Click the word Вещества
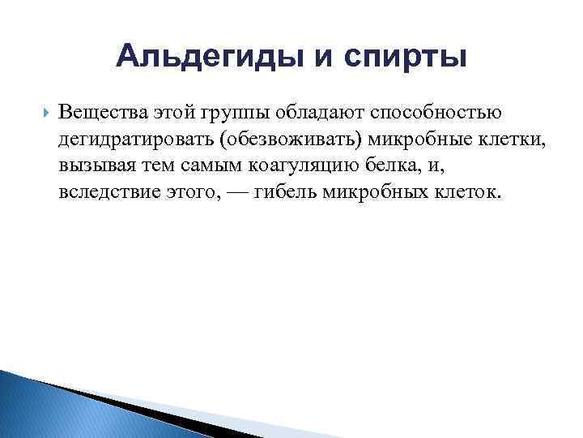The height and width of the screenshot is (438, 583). click(x=96, y=111)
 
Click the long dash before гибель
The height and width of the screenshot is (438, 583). click(x=233, y=194)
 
